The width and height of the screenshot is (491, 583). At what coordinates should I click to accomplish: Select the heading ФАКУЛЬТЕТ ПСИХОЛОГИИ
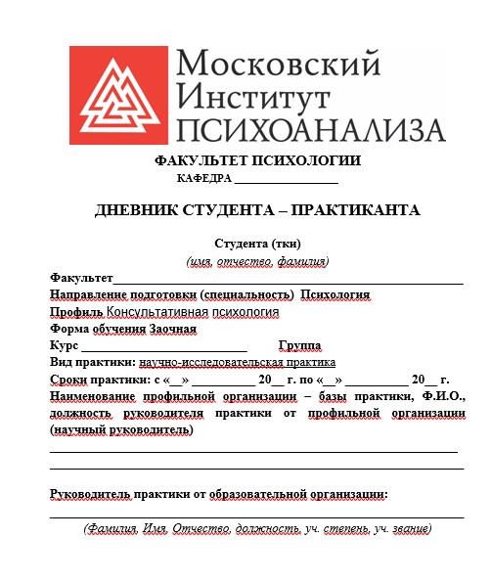click(256, 161)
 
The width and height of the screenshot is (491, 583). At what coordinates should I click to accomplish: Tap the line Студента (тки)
click(257, 244)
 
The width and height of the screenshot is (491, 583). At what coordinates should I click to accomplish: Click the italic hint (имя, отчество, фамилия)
click(257, 261)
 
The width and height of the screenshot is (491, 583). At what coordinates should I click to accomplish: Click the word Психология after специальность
click(335, 294)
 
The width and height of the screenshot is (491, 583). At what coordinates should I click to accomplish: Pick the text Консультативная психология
click(193, 312)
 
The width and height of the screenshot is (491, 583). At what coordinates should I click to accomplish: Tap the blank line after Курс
click(163, 346)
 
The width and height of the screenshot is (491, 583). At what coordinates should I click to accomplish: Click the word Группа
click(299, 346)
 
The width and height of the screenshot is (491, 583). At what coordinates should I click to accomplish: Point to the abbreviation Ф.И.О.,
click(443, 396)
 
